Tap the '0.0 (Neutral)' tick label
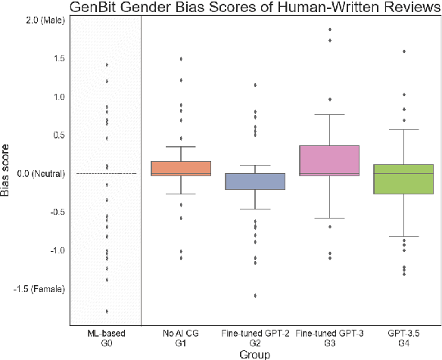39,173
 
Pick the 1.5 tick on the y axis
58,58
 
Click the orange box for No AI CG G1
181,168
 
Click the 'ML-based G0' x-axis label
107,338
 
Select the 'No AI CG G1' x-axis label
181,338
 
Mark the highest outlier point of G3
329,29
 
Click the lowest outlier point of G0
107,311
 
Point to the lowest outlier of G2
255,296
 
